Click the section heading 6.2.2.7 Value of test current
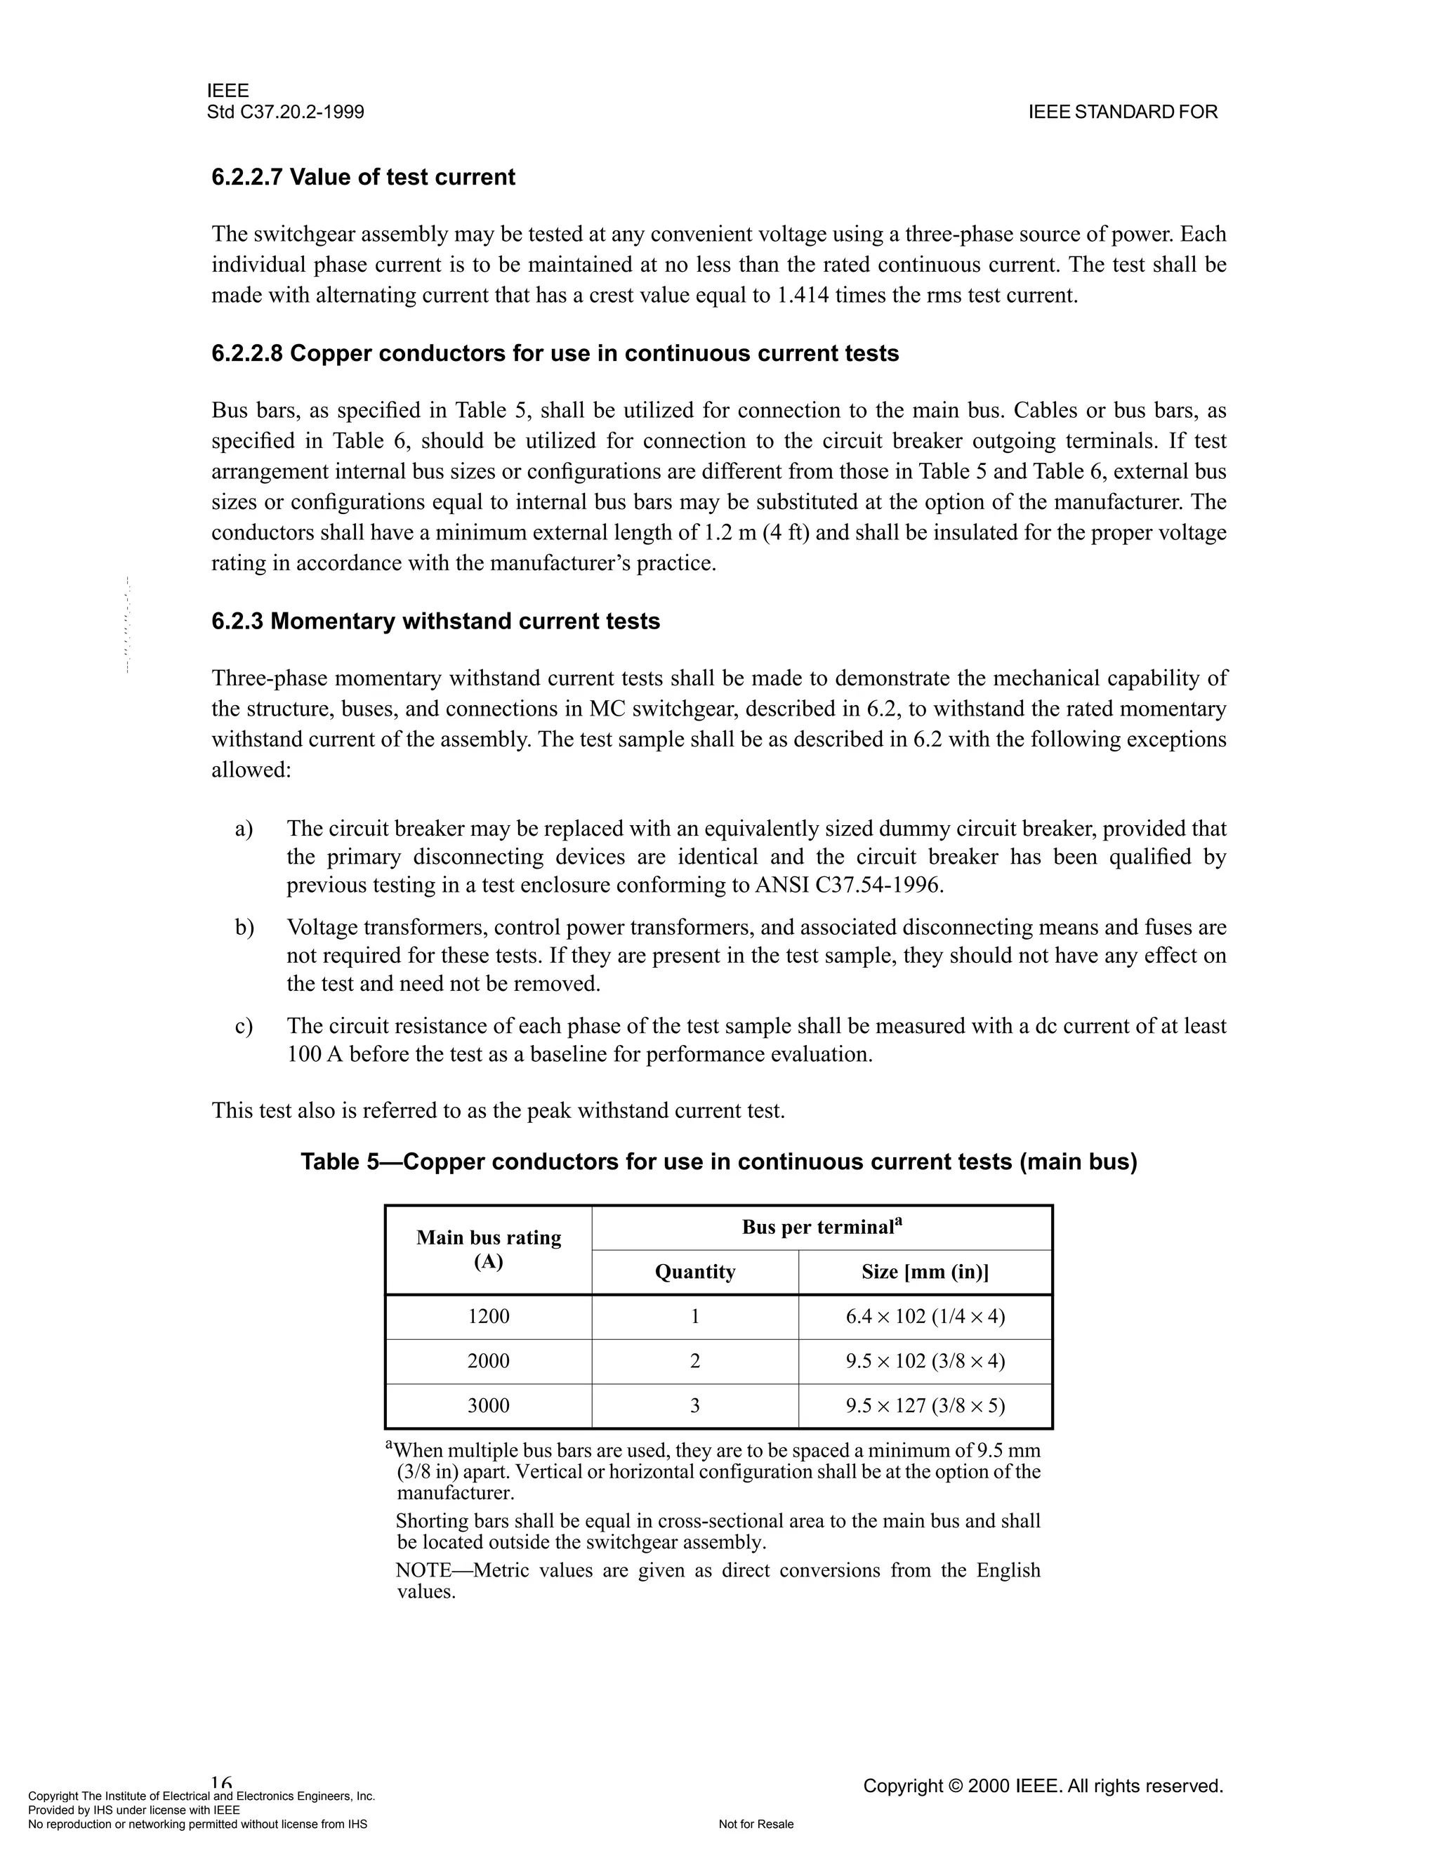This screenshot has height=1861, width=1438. tap(363, 177)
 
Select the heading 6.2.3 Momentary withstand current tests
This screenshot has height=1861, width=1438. tap(435, 622)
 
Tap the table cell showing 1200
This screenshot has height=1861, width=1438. tap(488, 1317)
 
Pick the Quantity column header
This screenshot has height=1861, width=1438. tap(694, 1273)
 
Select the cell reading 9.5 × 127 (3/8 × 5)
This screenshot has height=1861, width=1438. tap(925, 1406)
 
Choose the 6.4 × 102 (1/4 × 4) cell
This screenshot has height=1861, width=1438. tap(925, 1317)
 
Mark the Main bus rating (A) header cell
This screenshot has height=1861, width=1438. tap(488, 1249)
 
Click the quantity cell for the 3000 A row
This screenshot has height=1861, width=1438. tap(694, 1406)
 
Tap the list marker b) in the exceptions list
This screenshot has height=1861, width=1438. tap(244, 927)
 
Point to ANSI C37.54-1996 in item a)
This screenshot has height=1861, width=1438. tap(847, 886)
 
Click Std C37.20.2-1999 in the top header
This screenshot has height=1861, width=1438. tap(285, 112)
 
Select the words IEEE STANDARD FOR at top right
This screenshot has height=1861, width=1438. tap(1123, 112)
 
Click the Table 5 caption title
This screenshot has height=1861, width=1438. tap(718, 1162)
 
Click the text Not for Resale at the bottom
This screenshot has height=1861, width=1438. tap(756, 1824)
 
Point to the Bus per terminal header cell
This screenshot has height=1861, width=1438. tap(822, 1227)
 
